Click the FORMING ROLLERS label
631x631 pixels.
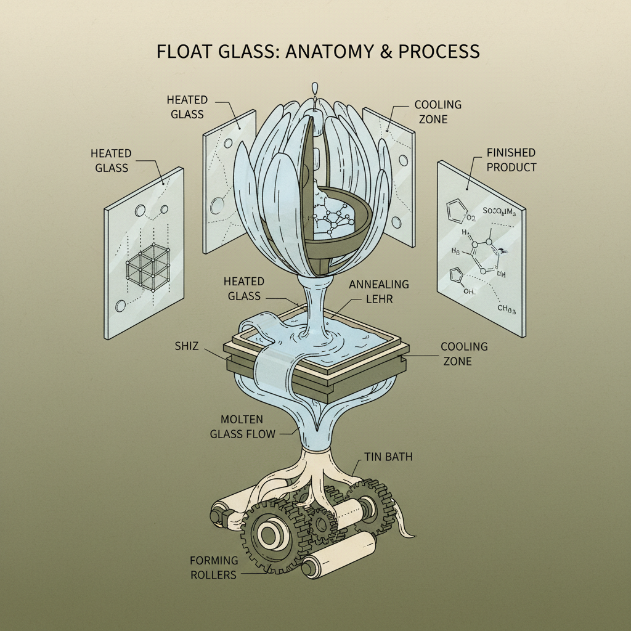213,567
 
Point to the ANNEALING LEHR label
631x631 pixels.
379,292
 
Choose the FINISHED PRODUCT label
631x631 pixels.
511,159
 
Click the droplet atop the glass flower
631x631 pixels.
316,88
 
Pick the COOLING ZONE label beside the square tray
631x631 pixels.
464,354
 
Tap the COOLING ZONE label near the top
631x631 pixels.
438,112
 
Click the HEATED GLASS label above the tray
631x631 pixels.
244,288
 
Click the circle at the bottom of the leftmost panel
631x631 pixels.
121,304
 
